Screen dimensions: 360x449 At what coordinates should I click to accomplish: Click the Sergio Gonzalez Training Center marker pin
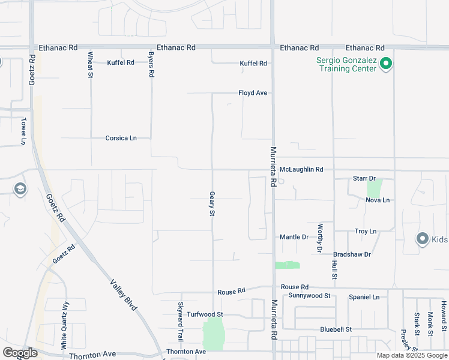[x=387, y=63]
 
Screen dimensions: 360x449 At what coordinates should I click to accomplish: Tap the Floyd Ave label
[x=252, y=93]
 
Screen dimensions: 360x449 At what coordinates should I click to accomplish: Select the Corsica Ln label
[x=121, y=138]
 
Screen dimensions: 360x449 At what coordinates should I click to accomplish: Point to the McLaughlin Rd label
[x=301, y=170]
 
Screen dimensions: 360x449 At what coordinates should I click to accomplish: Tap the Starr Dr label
[x=364, y=179]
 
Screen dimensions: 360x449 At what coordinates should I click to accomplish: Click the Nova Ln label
[x=378, y=200]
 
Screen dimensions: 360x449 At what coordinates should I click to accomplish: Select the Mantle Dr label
[x=294, y=237]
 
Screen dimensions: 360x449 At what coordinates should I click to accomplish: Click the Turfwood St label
[x=205, y=314]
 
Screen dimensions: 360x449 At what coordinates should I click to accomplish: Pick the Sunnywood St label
[x=309, y=296]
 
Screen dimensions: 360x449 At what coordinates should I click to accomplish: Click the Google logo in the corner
[x=19, y=353]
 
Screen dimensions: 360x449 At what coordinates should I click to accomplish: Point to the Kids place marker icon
[x=422, y=239]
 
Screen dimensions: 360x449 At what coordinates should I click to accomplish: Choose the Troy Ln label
[x=365, y=231]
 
